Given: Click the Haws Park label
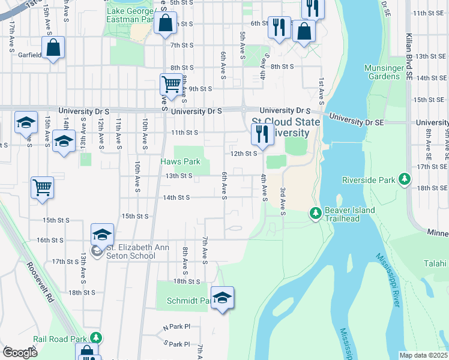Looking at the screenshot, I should [x=180, y=162].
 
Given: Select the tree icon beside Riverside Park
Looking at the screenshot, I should [x=405, y=179].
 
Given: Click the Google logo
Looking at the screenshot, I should [x=19, y=353].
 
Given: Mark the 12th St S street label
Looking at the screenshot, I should [x=245, y=154].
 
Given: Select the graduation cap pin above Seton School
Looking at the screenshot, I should [x=103, y=233].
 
